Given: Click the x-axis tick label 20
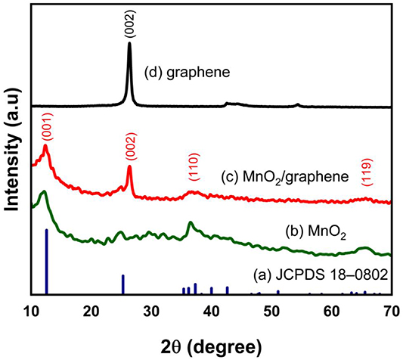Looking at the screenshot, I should pos(91,310).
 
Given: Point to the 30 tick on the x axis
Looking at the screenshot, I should pos(151,310).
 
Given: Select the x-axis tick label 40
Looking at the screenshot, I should pos(212,310).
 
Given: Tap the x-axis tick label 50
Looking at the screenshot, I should pos(271,310).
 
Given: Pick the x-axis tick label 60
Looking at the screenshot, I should pos(331,310).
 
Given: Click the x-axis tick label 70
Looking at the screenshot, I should pos(391,310).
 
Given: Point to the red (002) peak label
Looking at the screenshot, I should pos(129,149).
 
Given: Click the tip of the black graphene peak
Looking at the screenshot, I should pos(129,43).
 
